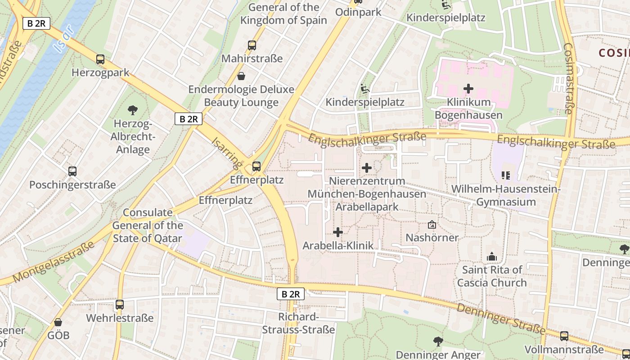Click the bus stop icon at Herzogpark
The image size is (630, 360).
pos(100,59)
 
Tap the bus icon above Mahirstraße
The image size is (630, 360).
pos(252,45)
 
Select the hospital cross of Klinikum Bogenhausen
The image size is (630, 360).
pos(468,89)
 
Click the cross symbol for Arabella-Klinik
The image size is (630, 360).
pos(338,232)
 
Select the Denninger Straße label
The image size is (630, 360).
pos(501,319)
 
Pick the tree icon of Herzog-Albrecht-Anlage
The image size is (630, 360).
pos(132,110)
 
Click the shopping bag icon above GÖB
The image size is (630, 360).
pos(58,322)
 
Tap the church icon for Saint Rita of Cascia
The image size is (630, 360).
pos(491,256)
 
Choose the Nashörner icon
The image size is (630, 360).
pos(432,224)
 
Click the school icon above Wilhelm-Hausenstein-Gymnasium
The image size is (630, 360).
pos(506,175)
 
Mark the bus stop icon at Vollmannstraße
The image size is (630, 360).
pos(564,336)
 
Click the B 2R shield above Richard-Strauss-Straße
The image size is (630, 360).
pos(290,294)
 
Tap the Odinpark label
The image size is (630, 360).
pos(358,12)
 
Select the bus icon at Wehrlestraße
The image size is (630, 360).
pos(120,305)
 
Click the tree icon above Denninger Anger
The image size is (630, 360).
pos(438,342)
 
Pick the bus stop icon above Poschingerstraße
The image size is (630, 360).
pos(72,171)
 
